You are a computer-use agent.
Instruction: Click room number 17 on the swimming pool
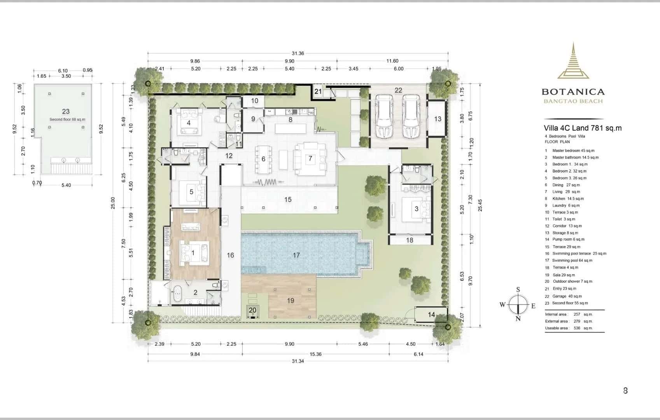click(x=296, y=255)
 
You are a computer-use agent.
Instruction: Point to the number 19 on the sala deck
click(x=291, y=300)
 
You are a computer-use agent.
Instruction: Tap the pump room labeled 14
click(x=431, y=314)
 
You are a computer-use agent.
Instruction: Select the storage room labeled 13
click(x=438, y=119)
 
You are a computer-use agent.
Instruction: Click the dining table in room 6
click(x=263, y=159)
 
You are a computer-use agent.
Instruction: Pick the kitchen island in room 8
click(x=291, y=128)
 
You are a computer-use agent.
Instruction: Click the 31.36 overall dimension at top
click(x=298, y=53)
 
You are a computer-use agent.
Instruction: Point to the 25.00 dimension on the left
click(x=113, y=203)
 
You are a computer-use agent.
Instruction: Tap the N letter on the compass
click(x=518, y=318)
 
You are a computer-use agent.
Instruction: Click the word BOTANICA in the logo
click(x=573, y=92)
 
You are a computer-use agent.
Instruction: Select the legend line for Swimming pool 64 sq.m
click(x=572, y=260)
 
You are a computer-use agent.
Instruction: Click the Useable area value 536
click(x=577, y=328)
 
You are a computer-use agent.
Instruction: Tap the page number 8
click(x=625, y=390)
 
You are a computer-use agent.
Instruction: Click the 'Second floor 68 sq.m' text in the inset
click(x=67, y=119)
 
